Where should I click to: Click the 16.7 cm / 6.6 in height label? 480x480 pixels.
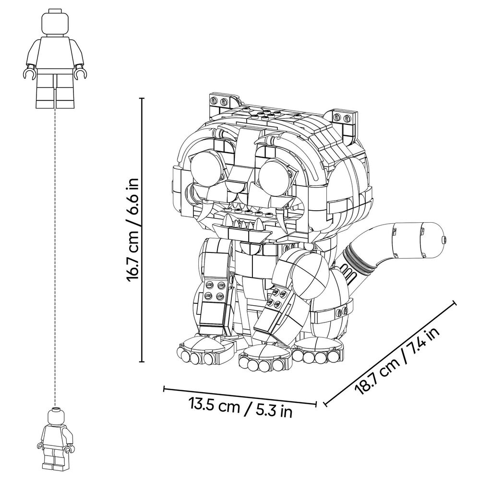pos(132,229)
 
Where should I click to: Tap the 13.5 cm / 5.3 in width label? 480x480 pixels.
pos(240,408)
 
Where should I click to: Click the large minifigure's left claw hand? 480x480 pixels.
pos(28,74)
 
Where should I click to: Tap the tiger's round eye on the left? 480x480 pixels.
pos(206,169)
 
